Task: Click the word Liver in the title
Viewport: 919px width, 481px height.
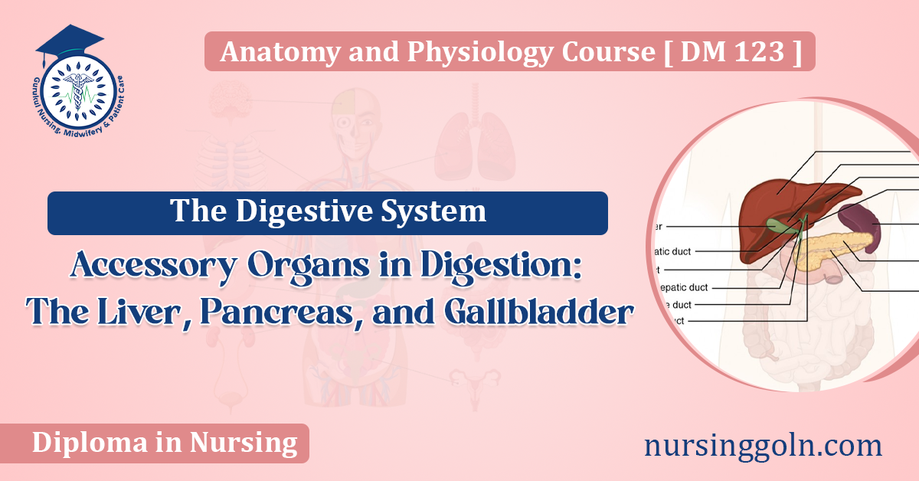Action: pos(129,312)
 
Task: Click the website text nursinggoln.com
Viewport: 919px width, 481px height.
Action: pos(763,443)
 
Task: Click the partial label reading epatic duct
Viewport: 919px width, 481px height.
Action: pos(685,287)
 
